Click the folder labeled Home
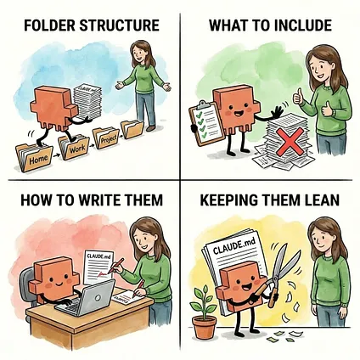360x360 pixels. click(34, 157)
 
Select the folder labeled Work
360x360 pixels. click(74, 147)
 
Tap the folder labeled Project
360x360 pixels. click(106, 138)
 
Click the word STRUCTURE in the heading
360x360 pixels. click(119, 25)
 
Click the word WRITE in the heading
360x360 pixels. click(100, 200)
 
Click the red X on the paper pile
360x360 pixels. click(289, 142)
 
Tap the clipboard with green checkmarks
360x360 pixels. click(206, 123)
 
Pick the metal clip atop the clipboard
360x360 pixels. click(203, 104)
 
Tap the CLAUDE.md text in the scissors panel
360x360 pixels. click(233, 247)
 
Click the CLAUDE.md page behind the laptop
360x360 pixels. click(99, 267)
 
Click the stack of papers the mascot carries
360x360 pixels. click(87, 102)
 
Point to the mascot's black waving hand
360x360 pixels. click(277, 114)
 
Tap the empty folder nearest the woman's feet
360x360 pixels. click(132, 129)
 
